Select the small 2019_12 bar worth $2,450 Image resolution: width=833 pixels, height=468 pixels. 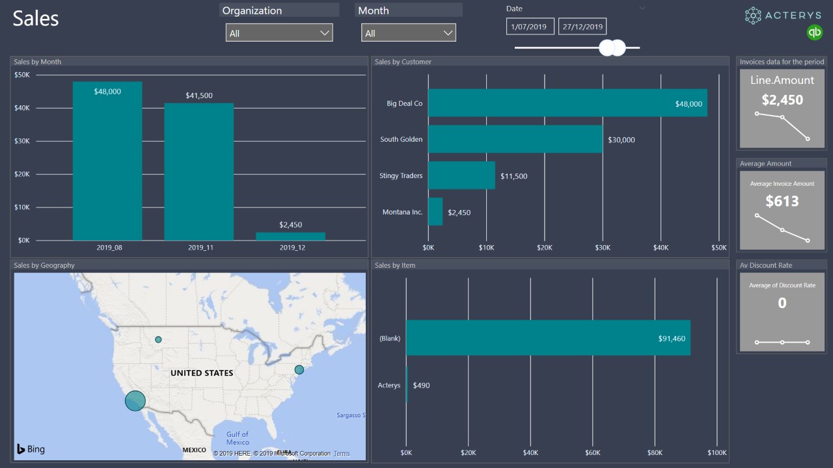point(290,237)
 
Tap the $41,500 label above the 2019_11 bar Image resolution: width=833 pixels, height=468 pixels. point(198,96)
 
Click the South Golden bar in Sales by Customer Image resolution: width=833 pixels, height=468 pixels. point(515,139)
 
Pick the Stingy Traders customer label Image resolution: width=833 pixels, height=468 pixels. point(401,175)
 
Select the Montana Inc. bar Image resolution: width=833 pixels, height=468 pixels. point(435,212)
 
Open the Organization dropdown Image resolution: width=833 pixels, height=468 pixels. point(279,33)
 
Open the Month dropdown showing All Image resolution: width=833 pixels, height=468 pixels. point(409,33)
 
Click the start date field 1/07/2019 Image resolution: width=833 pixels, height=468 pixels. point(530,27)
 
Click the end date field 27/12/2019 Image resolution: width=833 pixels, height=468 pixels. point(582,27)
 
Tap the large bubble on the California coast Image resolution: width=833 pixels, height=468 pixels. point(135,400)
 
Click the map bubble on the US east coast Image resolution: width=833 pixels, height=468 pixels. point(299,370)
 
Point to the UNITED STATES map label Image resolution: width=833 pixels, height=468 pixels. point(202,373)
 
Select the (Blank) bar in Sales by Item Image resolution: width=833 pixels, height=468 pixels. point(548,338)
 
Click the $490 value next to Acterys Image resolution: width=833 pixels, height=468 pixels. point(421,385)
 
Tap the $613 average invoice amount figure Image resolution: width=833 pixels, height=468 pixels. point(782,201)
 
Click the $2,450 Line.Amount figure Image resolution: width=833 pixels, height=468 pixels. point(782,100)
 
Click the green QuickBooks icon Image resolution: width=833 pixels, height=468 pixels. point(814,32)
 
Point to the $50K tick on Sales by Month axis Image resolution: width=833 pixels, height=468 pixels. point(21,75)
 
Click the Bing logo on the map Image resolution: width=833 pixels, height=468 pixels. point(31,448)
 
